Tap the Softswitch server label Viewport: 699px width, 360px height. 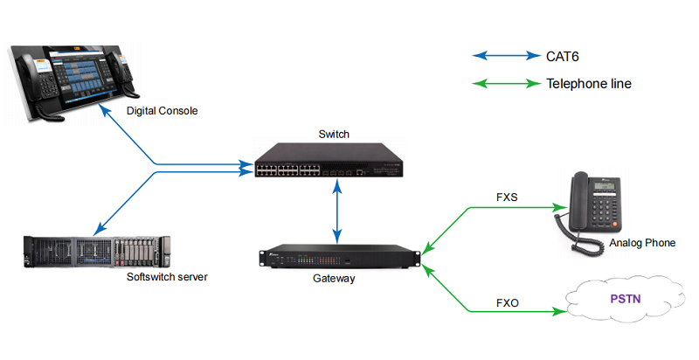click(167, 277)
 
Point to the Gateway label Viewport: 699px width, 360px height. click(334, 279)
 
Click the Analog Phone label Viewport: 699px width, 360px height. click(642, 243)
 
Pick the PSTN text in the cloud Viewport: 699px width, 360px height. click(625, 299)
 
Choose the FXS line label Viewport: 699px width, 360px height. click(508, 197)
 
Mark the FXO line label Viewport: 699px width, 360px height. click(508, 303)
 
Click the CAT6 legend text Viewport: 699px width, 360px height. click(564, 57)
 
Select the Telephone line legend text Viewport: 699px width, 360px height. click(588, 85)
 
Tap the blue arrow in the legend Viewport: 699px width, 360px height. click(506, 57)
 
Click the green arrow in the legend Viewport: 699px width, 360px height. click(506, 85)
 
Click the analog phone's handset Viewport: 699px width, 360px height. click(580, 205)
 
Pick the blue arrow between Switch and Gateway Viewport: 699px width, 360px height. click(336, 214)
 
